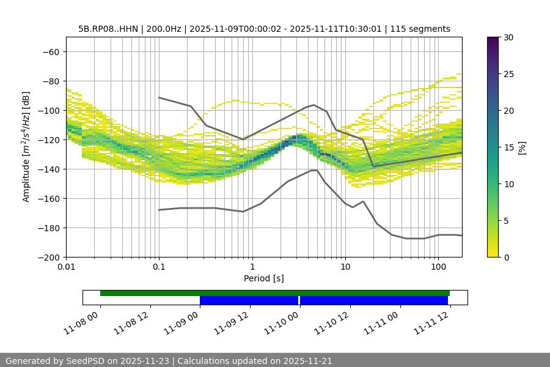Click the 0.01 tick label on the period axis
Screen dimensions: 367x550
coord(66,267)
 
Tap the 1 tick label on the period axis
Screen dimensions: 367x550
coord(252,267)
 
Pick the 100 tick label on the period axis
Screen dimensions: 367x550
coord(438,267)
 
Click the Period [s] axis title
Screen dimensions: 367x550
coord(263,278)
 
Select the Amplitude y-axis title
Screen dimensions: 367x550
coord(26,147)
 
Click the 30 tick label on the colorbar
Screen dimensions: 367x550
coord(508,37)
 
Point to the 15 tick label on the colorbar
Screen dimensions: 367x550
coord(508,147)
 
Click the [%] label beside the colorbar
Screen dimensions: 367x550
coord(522,147)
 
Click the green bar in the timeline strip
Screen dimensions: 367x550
coord(275,293)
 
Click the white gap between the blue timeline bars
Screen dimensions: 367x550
coord(299,300)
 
